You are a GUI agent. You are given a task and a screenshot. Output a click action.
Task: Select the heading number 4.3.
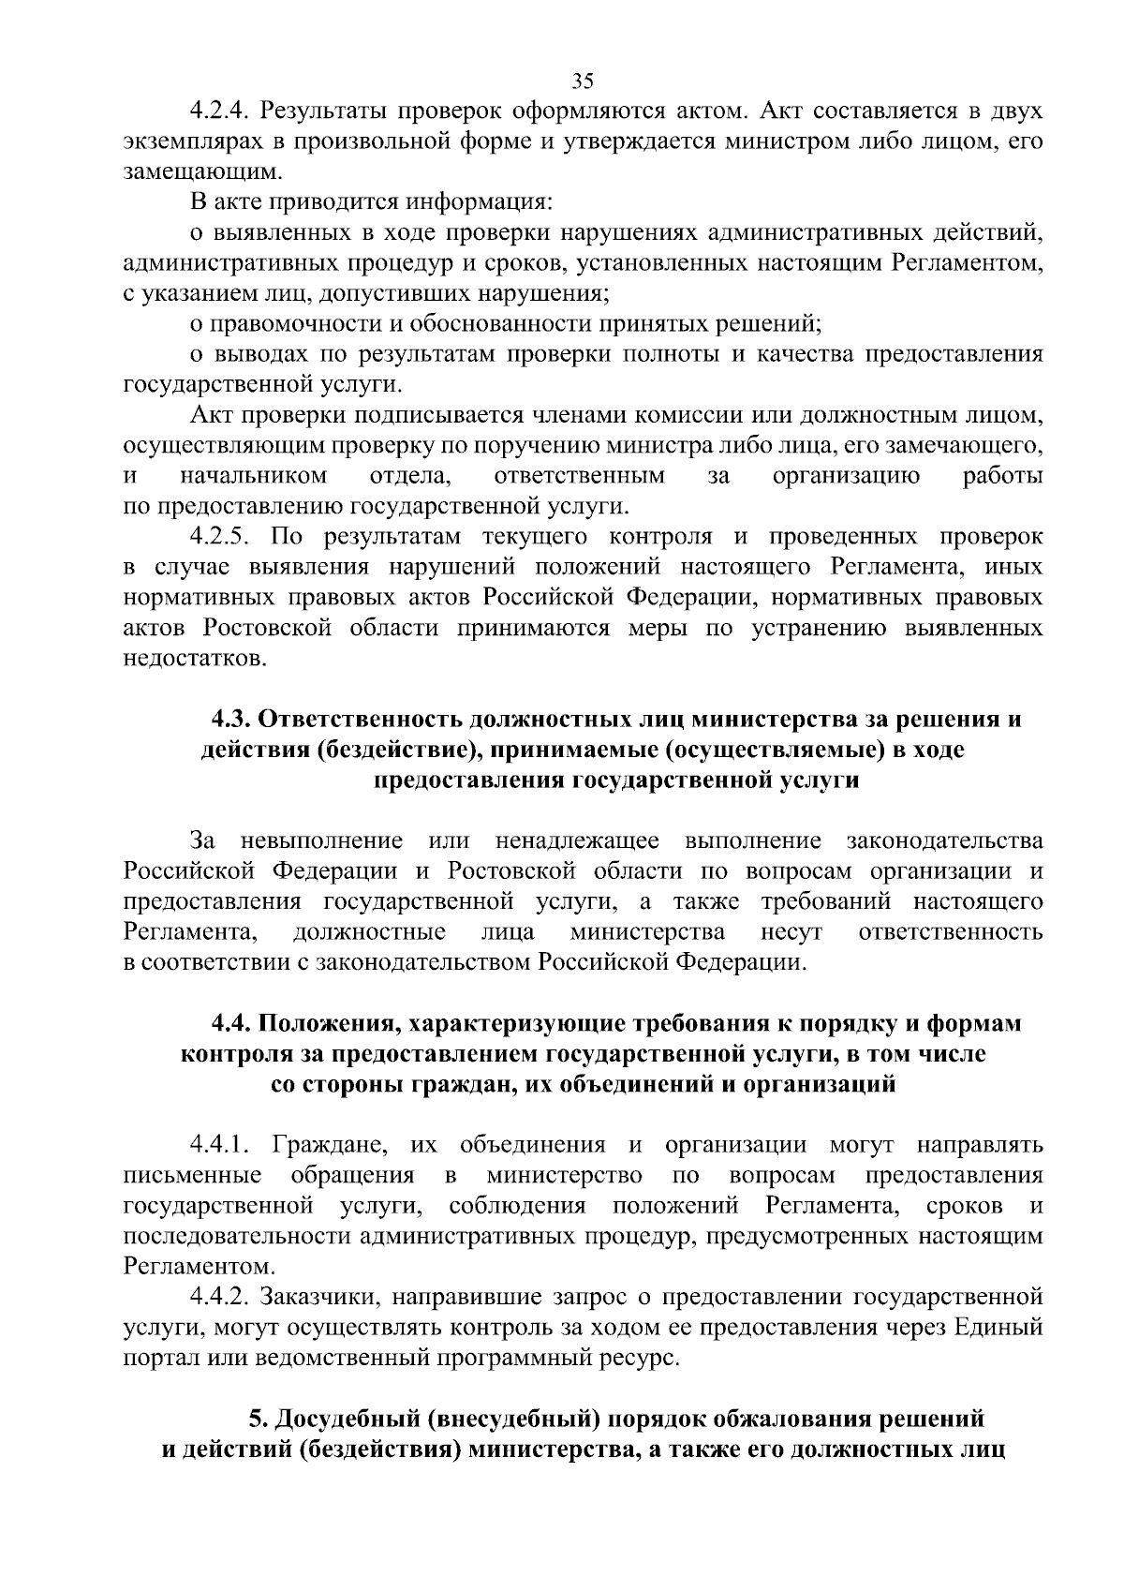tap(229, 720)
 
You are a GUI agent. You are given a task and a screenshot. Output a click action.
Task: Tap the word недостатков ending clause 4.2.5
tap(195, 659)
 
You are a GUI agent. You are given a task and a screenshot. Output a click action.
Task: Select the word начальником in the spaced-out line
tap(253, 476)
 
